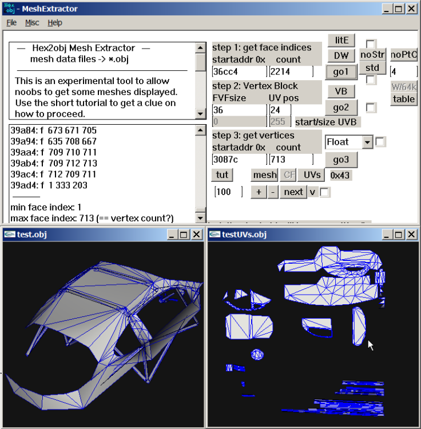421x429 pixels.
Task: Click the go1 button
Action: pos(341,71)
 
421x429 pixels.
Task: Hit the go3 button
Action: pos(341,158)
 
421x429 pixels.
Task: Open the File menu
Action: pos(11,23)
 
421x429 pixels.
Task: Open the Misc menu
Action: pos(32,23)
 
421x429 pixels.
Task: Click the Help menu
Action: pos(55,23)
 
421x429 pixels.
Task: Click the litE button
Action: pos(341,40)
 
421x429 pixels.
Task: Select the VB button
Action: pos(341,91)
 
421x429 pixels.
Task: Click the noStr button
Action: pos(372,55)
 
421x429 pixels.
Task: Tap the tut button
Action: pos(222,174)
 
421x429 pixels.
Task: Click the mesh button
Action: pos(265,174)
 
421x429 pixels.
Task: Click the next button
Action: pos(293,192)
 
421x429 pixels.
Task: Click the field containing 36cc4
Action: pos(239,72)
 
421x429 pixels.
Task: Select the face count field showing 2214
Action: pos(291,72)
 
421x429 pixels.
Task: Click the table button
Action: pos(404,99)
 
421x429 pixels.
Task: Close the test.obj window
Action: pos(196,235)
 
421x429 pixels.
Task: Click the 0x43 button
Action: pos(341,175)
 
